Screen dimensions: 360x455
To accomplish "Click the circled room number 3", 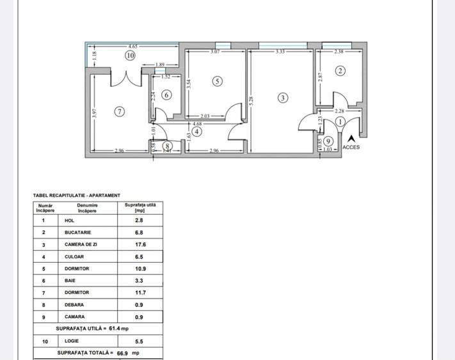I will coord(283,98).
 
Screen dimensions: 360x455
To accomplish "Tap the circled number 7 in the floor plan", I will coord(118,111).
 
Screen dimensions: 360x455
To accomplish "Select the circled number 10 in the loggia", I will coord(130,56).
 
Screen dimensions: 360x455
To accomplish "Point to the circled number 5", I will coord(218,81).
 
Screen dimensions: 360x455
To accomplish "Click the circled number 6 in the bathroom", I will coord(166,95).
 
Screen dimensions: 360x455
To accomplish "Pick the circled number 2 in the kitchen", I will coord(340,71).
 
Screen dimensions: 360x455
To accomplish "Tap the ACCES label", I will coord(351,147).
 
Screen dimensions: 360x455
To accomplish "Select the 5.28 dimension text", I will coord(252,100).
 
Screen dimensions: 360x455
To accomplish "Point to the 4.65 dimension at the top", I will coord(133,47).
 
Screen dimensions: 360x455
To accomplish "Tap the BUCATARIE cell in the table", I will coord(78,232).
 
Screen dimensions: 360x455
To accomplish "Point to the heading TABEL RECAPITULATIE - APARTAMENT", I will coord(76,196).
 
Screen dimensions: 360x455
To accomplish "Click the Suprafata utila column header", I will coord(140,207).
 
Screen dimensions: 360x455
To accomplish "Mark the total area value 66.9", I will coord(122,353).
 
